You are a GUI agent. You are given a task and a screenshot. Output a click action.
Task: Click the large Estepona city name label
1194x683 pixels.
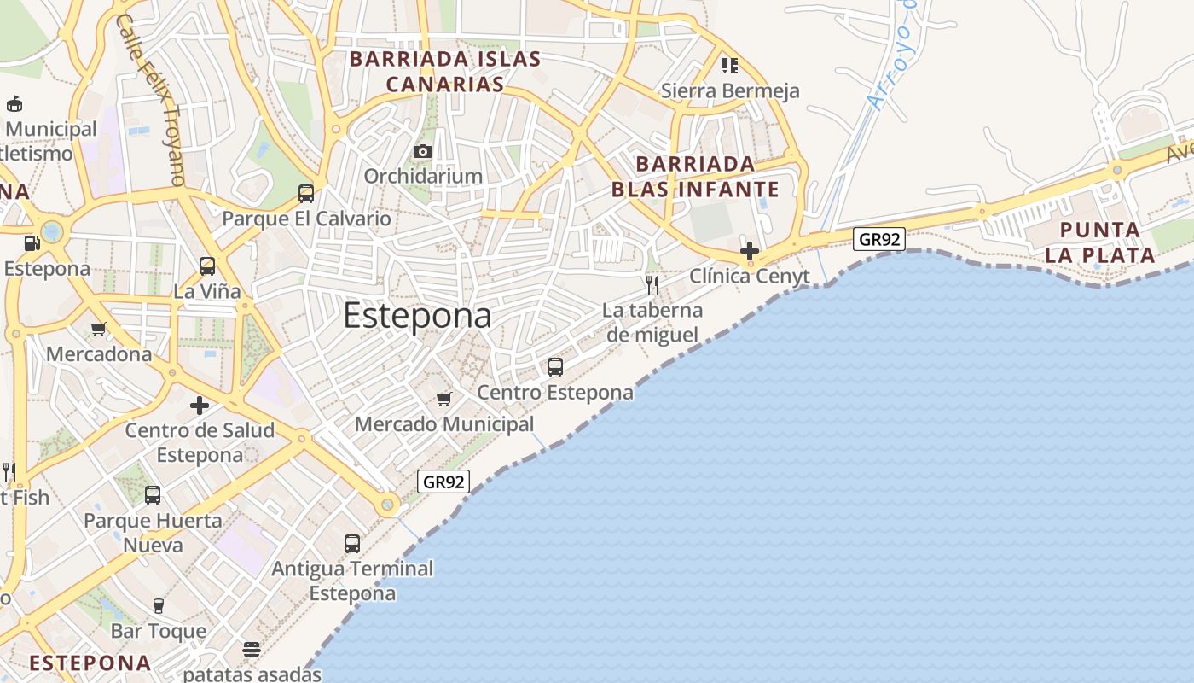(x=417, y=316)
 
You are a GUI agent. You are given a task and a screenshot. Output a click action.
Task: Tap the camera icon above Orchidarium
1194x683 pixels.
(x=422, y=152)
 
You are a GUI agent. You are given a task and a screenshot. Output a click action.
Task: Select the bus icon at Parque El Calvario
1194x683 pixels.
(x=306, y=194)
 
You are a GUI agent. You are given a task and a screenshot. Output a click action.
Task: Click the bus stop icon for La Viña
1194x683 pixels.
(x=207, y=266)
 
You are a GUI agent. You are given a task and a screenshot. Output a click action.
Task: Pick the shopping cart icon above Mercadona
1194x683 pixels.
(x=99, y=329)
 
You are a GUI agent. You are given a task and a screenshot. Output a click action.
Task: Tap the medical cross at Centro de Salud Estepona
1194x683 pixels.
(x=200, y=406)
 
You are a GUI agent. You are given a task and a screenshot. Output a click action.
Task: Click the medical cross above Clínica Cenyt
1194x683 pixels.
(x=750, y=251)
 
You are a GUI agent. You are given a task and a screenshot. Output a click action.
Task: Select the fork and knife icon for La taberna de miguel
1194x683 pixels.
(x=652, y=284)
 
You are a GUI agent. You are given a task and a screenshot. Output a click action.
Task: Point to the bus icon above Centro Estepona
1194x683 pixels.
(x=555, y=367)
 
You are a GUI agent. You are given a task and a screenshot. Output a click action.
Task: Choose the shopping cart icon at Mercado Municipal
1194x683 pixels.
(x=443, y=399)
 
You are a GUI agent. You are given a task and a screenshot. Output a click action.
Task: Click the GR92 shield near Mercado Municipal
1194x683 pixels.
(x=443, y=482)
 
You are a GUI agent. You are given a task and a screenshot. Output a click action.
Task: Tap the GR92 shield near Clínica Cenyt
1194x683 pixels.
(x=879, y=239)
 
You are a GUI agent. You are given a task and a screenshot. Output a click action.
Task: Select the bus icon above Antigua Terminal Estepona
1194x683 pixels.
(x=352, y=543)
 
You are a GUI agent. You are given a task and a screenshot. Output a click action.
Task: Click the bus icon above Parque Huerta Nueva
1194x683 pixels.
(x=153, y=495)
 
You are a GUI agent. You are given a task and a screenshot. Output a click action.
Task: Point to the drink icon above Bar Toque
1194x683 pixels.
(x=158, y=606)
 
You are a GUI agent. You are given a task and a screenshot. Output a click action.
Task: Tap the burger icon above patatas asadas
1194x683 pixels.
(x=251, y=650)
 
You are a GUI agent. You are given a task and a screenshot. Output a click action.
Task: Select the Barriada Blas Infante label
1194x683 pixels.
(x=695, y=177)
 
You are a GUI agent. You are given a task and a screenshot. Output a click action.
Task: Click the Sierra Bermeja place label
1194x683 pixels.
(x=730, y=90)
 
